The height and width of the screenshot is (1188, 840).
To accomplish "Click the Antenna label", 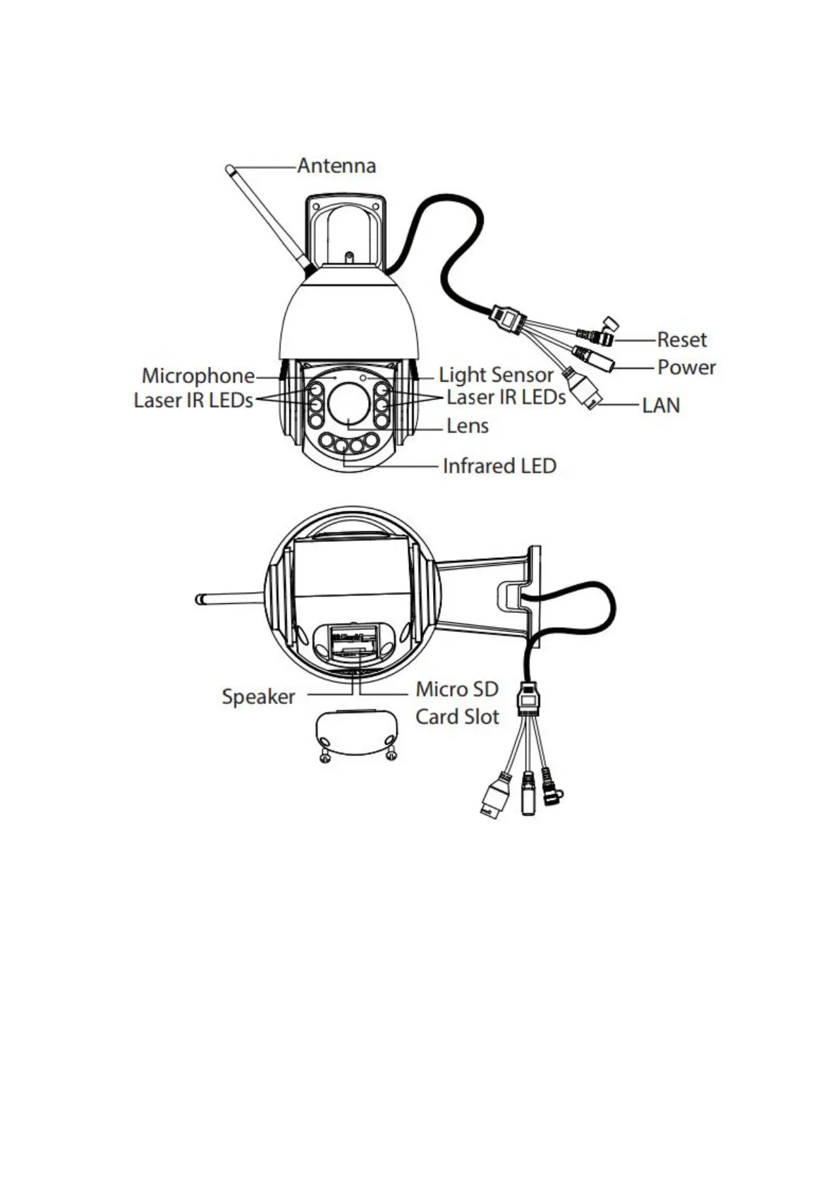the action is tap(336, 166).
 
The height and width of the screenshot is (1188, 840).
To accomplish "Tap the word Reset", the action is tap(681, 339).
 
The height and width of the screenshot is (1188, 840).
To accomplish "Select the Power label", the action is tap(686, 368).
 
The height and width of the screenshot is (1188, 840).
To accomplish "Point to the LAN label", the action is tap(661, 406).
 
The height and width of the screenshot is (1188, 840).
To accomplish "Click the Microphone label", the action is tap(198, 376).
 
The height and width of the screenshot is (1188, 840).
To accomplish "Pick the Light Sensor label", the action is tap(496, 375).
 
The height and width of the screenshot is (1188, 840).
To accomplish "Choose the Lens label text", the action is tap(468, 426).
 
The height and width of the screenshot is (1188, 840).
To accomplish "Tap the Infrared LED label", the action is tap(499, 466).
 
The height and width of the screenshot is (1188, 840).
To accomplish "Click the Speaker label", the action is tap(258, 697).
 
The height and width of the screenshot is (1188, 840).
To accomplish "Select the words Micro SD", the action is tap(457, 689).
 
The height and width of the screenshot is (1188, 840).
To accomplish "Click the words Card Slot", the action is tap(457, 717).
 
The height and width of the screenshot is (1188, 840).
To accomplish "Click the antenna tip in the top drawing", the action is tap(229, 169).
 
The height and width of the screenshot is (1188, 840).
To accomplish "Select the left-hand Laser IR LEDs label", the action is tap(193, 401).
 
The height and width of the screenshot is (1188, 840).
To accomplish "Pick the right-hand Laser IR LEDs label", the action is tap(506, 398).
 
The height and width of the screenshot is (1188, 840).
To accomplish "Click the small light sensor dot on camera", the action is tap(363, 377).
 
